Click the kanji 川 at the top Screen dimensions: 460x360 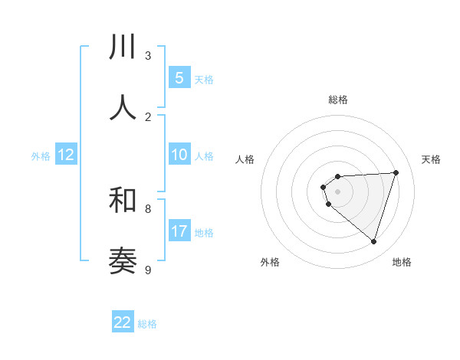[123, 47]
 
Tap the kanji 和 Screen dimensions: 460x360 [123, 201]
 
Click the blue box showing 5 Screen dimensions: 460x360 [179, 77]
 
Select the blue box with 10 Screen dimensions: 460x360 [179, 155]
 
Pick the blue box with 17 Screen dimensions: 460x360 [179, 231]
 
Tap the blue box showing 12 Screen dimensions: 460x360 [66, 155]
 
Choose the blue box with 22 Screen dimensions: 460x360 [123, 322]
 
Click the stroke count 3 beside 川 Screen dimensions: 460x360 [148, 55]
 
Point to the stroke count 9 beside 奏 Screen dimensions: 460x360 [148, 270]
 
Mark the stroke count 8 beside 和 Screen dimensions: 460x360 [148, 208]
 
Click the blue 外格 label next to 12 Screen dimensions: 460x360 [41, 155]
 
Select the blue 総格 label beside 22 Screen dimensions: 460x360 [147, 323]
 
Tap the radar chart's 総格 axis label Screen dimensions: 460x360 [337, 100]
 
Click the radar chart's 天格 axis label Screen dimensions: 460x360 [431, 159]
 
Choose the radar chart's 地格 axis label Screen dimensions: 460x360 [402, 262]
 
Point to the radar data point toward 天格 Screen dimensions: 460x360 [396, 172]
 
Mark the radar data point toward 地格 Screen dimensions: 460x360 [373, 241]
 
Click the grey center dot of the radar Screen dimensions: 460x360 [337, 191]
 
